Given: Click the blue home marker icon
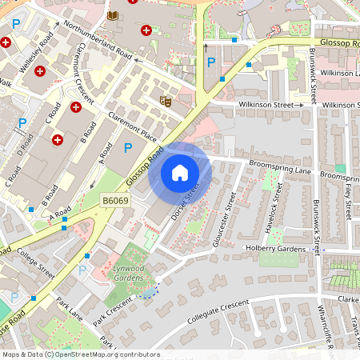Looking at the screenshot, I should (x=179, y=172).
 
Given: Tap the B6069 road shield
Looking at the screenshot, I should (x=115, y=201).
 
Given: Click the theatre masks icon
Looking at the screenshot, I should (x=166, y=101).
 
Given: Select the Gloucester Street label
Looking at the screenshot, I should (x=226, y=219).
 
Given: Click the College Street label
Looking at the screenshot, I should (x=34, y=263).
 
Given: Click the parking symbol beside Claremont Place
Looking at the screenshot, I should (x=127, y=147).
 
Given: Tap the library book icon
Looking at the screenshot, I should (x=110, y=15).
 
